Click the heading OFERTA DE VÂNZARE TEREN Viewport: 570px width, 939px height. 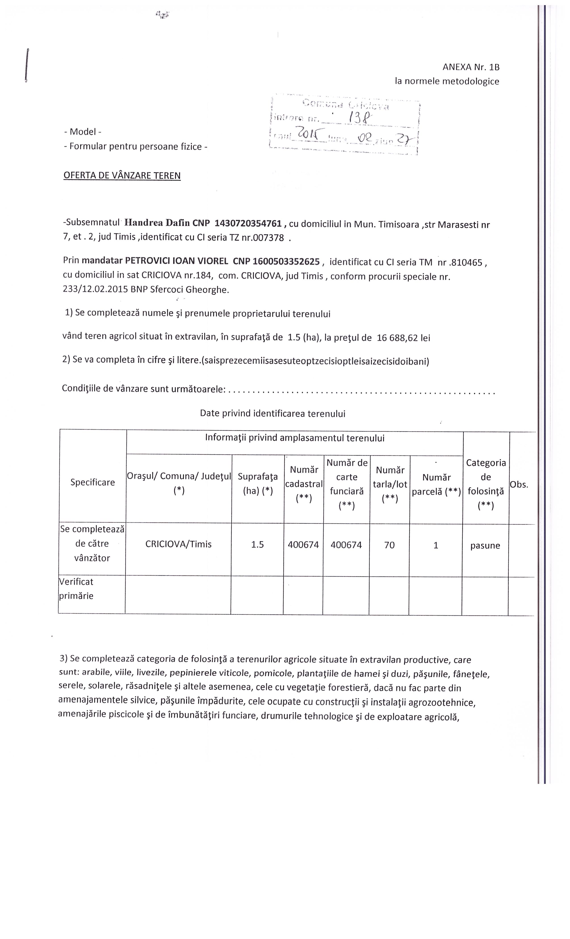click(122, 176)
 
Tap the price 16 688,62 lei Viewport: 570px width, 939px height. click(403, 338)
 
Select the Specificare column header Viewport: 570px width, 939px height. click(92, 482)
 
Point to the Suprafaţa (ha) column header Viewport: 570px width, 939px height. click(258, 484)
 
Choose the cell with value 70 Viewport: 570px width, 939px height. click(389, 545)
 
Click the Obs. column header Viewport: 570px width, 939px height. click(519, 485)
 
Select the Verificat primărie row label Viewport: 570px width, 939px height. click(76, 589)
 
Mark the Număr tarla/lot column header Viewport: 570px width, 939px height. click(390, 484)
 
